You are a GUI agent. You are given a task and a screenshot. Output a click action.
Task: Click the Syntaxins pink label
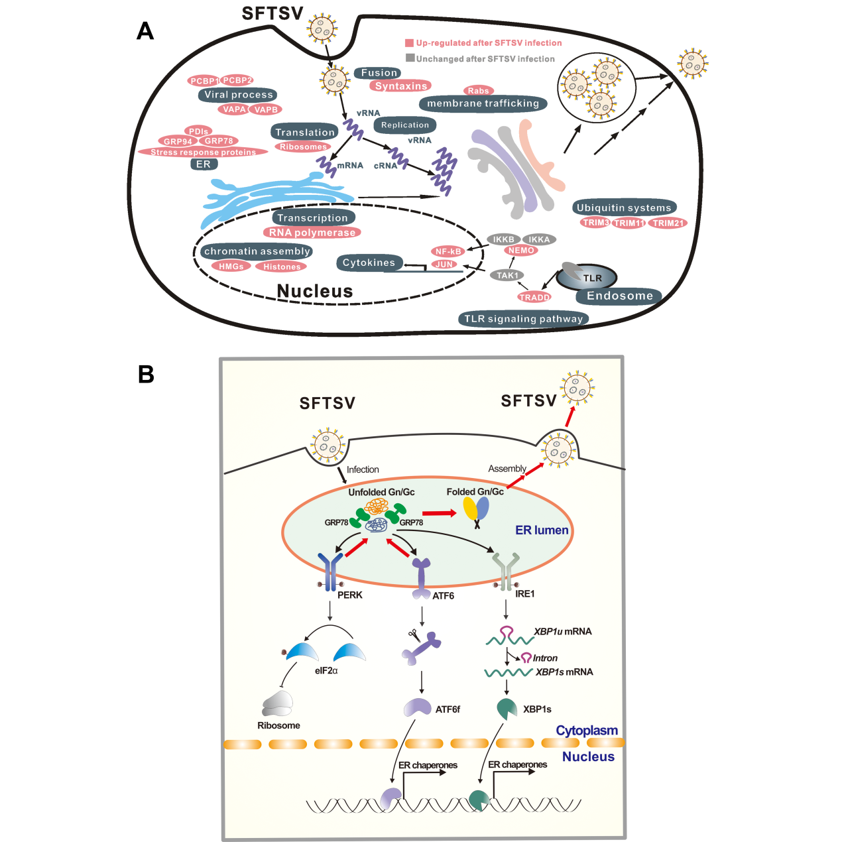(x=401, y=86)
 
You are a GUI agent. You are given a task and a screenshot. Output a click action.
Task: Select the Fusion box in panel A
(x=379, y=73)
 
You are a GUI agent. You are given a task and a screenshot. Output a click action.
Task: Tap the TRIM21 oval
(x=668, y=223)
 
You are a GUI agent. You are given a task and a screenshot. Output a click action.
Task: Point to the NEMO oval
(x=521, y=251)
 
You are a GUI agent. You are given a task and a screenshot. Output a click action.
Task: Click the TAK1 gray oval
(x=507, y=275)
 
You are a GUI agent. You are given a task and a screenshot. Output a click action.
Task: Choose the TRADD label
(x=534, y=297)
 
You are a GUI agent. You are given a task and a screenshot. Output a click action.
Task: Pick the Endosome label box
(x=619, y=296)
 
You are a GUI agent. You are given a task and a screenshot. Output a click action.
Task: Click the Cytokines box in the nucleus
(x=369, y=263)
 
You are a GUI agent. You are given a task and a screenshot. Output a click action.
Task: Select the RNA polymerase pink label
(x=312, y=233)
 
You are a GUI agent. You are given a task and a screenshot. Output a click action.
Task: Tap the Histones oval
(x=282, y=267)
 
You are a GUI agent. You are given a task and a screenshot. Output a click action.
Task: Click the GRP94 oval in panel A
(x=178, y=141)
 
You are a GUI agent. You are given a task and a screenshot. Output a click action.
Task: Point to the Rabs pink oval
(x=478, y=91)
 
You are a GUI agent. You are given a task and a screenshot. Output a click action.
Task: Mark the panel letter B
(x=146, y=375)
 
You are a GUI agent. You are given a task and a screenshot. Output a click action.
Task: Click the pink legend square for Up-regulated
(x=410, y=43)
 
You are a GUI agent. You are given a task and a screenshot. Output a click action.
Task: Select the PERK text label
(x=350, y=595)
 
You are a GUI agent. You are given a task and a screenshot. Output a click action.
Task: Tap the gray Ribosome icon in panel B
(x=277, y=703)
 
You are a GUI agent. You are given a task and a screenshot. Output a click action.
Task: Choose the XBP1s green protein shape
(x=507, y=709)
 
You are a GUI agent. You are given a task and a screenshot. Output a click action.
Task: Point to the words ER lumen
(x=542, y=530)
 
